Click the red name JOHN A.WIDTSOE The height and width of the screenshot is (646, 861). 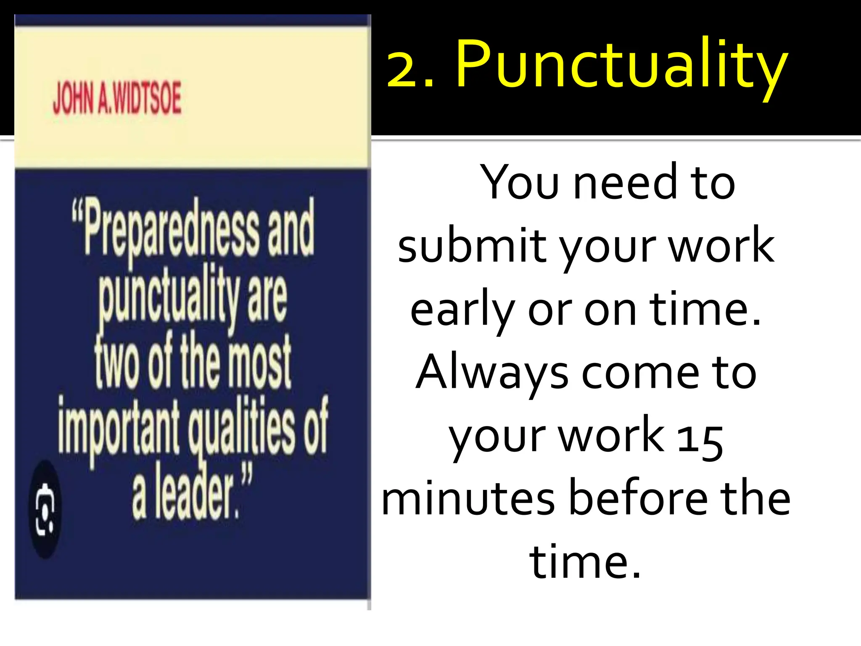[x=117, y=98]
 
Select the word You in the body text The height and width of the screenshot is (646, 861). [x=520, y=183]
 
